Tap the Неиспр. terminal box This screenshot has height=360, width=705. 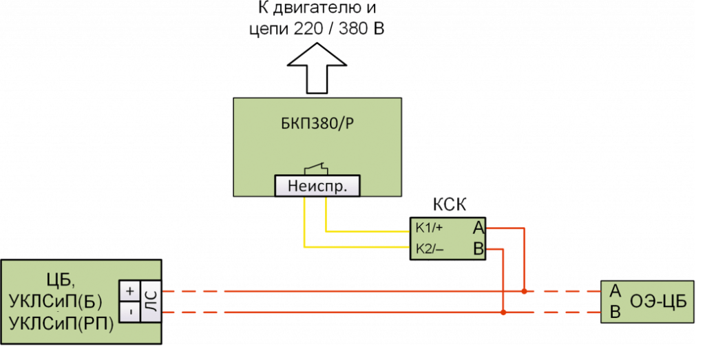[317, 186]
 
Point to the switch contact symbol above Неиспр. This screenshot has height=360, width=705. [317, 168]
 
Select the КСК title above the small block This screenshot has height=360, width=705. [449, 205]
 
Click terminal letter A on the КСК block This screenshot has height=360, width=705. [478, 227]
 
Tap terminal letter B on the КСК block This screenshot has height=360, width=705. [478, 248]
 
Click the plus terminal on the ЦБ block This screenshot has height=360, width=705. [129, 291]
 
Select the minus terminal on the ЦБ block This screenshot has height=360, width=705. [129, 312]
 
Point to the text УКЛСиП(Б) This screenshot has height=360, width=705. [56, 301]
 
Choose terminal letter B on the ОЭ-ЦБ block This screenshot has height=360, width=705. [615, 313]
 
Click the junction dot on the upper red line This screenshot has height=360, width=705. [525, 291]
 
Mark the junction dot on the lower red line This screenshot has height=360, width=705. [504, 313]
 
